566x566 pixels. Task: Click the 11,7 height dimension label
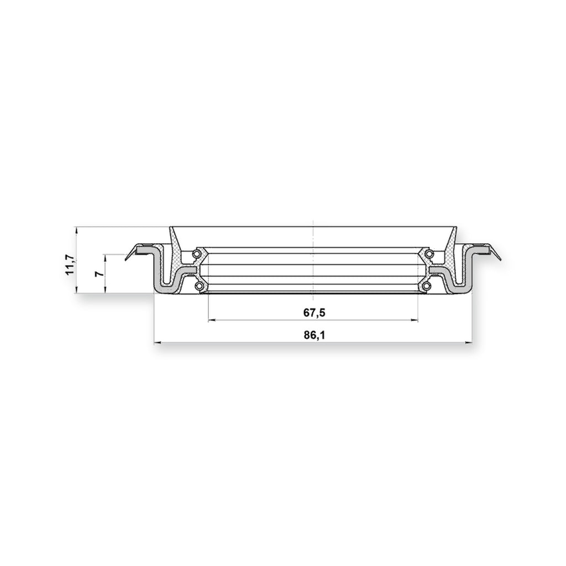(x=70, y=265)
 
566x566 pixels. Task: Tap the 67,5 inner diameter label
(x=314, y=313)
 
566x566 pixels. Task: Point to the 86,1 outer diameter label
(x=314, y=336)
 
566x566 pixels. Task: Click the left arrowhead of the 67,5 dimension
(x=212, y=320)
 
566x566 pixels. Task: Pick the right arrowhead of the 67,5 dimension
(x=415, y=320)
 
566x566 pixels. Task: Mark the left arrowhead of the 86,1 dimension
(x=158, y=343)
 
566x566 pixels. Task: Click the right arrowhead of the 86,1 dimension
(x=468, y=343)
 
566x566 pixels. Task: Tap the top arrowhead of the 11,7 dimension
(x=76, y=230)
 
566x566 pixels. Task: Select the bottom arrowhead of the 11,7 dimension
(x=76, y=290)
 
